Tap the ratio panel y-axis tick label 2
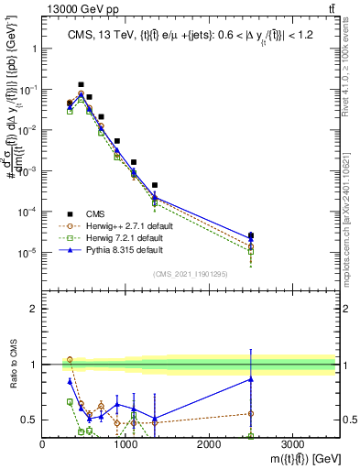pos(32,309)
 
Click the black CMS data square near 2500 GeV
pos(251,235)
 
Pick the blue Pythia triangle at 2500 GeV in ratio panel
pos(251,379)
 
